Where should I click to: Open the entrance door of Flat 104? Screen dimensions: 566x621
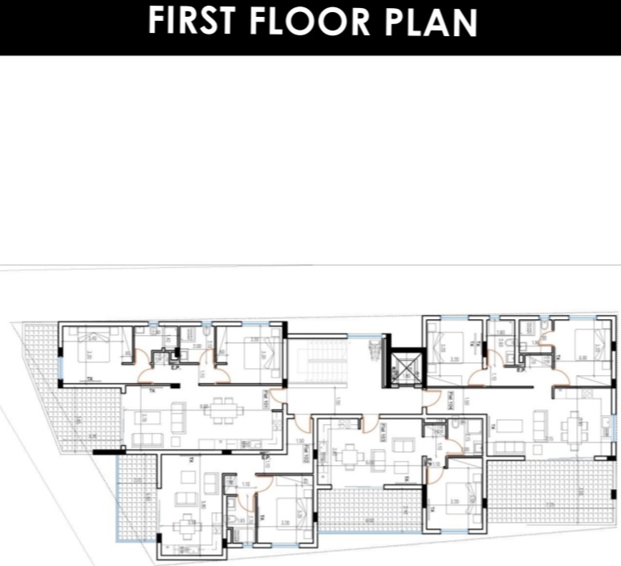433,395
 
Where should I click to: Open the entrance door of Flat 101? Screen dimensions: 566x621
275,394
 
